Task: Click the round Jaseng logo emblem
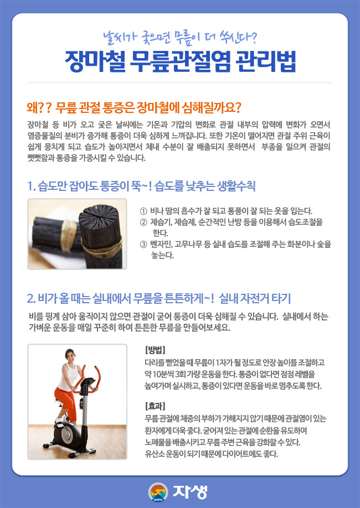(x=158, y=492)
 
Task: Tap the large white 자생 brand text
(x=190, y=492)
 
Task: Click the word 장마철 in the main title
(x=95, y=61)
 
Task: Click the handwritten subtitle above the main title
(x=179, y=38)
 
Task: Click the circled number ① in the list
(x=143, y=211)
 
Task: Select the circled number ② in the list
(x=143, y=222)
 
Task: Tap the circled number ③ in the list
(x=143, y=244)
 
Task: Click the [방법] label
(x=155, y=350)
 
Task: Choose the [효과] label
(x=155, y=406)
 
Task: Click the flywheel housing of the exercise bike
(x=66, y=436)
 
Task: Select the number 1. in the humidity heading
(x=32, y=186)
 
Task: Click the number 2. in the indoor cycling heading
(x=32, y=298)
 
